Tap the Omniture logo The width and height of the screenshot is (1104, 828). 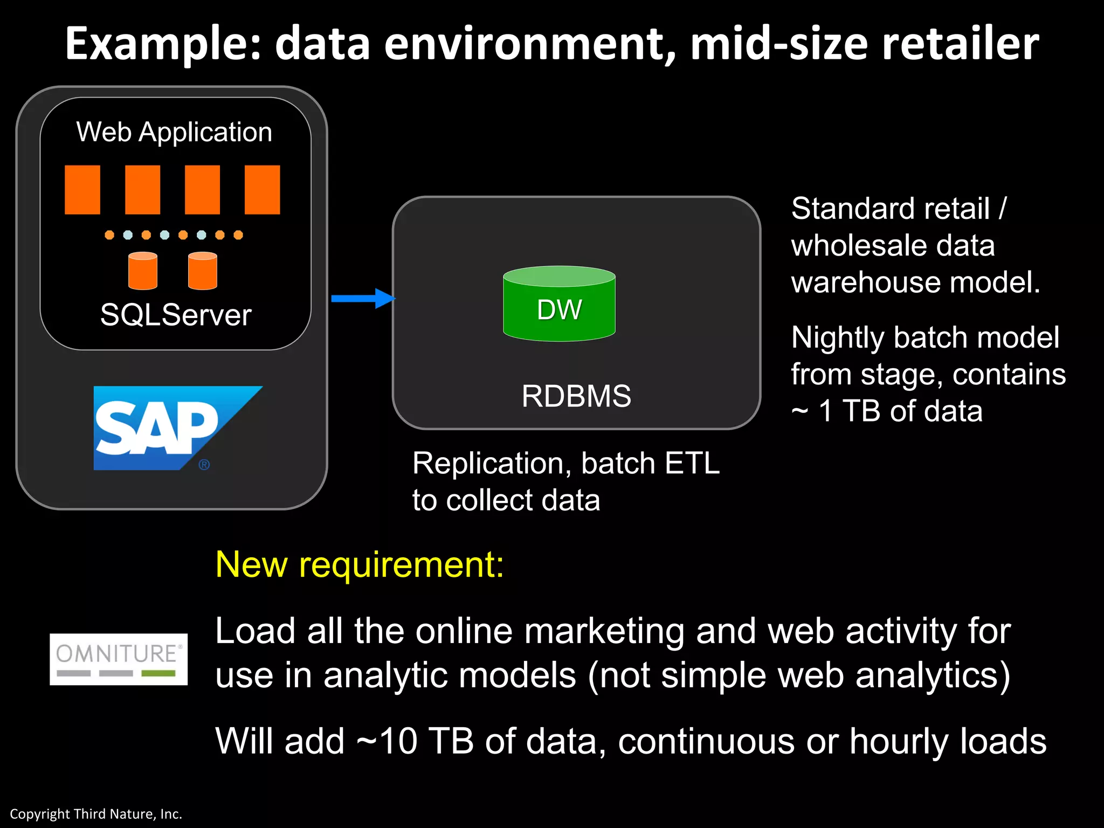point(119,659)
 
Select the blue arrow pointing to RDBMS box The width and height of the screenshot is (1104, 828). point(363,298)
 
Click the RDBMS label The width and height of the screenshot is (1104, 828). point(576,396)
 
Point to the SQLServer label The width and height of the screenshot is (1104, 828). point(176,315)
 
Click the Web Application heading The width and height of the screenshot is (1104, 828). point(174,132)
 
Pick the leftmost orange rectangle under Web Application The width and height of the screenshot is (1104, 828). point(82,190)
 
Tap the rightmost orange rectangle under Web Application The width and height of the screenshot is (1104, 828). point(262,190)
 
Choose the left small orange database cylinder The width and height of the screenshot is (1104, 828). point(143,271)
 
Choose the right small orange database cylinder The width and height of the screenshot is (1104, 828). point(203,271)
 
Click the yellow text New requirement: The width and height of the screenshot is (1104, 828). point(360,564)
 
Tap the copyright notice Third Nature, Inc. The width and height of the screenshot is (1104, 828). point(96,814)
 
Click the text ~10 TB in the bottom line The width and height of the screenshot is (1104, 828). point(415,741)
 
